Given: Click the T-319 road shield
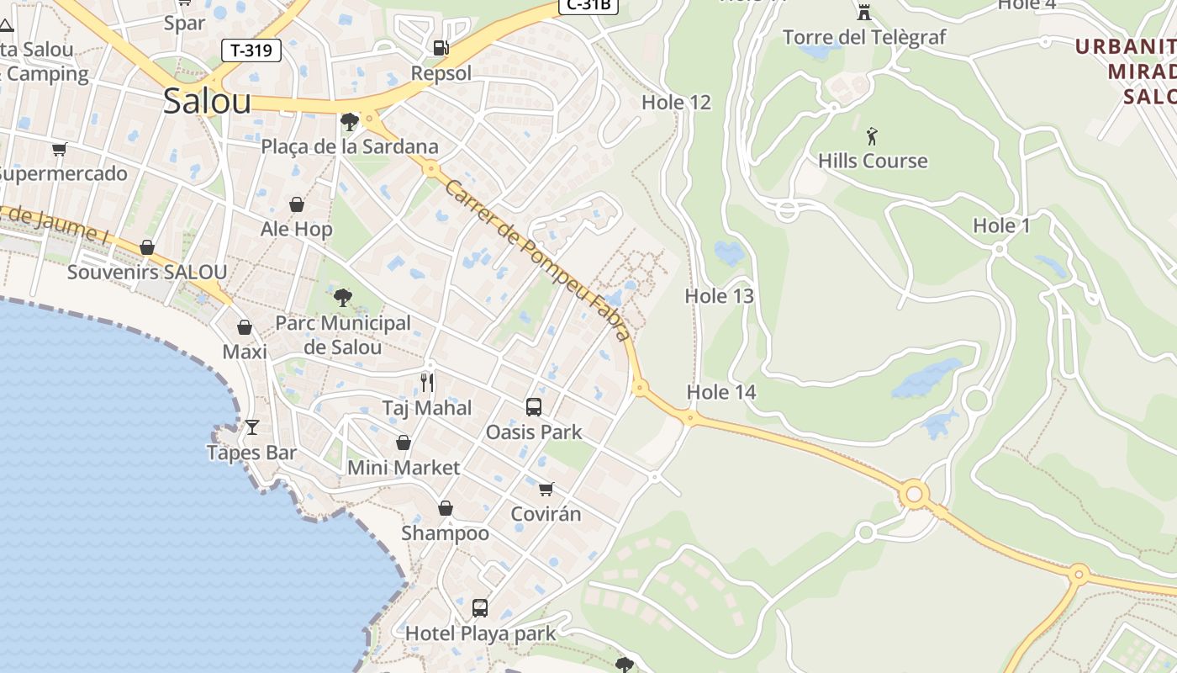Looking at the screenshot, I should tap(251, 50).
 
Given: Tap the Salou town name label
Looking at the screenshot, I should tap(207, 101).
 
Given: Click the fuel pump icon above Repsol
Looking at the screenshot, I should tap(441, 48).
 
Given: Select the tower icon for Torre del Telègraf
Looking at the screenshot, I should tap(863, 12).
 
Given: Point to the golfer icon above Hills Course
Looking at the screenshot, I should tap(872, 135).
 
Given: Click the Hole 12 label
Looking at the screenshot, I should tap(676, 103).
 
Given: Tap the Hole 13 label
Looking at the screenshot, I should tap(719, 296).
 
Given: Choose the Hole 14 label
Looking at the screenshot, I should tap(721, 392).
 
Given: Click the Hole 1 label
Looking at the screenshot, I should tap(1001, 225).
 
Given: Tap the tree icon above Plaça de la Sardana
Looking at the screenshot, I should tap(349, 122).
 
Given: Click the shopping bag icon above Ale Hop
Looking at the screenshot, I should tap(297, 204).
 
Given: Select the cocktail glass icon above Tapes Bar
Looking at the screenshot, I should tap(251, 427).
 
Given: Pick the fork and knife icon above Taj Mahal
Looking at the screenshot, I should tap(427, 383).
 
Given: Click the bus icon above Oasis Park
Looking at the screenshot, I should tap(533, 407).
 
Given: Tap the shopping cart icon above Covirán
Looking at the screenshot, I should tap(546, 489).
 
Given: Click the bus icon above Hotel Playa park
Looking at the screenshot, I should tap(479, 607).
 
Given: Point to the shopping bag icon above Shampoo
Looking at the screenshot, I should tap(445, 508).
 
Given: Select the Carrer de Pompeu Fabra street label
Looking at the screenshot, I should tap(538, 261).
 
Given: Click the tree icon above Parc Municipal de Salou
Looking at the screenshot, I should tap(342, 297).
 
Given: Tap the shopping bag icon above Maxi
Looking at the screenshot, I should tap(245, 326).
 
